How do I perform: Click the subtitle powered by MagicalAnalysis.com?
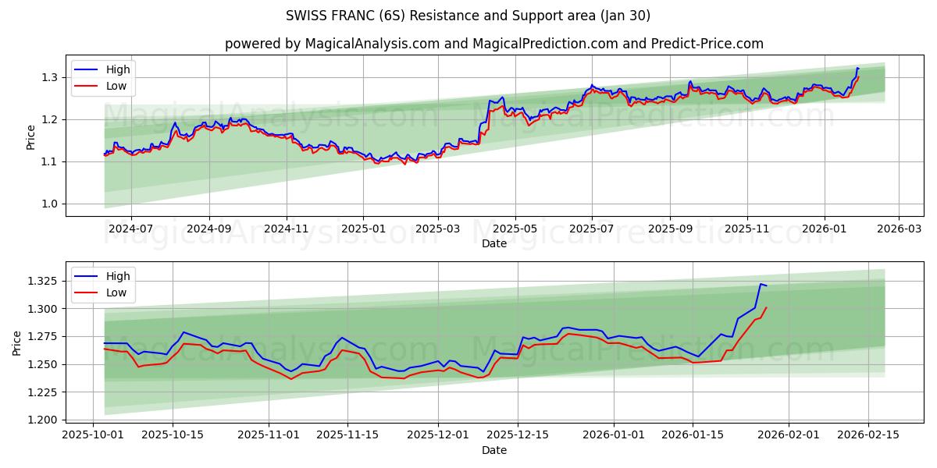(x=493, y=44)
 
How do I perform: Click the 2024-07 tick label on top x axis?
(x=130, y=229)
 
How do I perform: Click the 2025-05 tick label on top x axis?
(x=515, y=229)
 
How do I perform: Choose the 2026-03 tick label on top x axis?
(x=898, y=229)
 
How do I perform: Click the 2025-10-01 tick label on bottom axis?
(x=94, y=434)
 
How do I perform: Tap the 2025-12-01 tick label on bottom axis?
(x=438, y=434)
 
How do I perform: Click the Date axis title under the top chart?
(x=493, y=243)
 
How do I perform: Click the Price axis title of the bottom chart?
(x=17, y=342)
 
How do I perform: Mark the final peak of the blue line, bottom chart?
(x=761, y=284)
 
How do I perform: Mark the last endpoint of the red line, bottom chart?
(x=766, y=307)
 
